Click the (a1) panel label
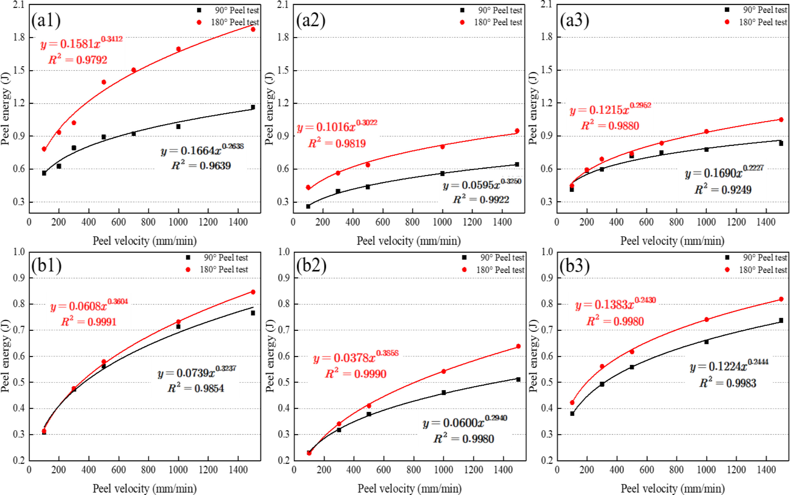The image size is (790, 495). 46,20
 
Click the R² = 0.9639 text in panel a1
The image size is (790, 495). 201,166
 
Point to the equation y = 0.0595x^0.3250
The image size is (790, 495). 482,185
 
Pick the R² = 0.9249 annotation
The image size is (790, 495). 723,190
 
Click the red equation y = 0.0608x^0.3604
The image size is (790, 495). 89,306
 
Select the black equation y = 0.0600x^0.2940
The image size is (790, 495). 465,422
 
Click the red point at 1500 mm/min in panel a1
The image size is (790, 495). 253,29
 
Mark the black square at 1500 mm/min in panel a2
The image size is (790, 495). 517,164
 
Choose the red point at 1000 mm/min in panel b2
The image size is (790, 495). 444,371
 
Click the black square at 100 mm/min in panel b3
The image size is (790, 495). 572,414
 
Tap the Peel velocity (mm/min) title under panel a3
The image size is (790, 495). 672,241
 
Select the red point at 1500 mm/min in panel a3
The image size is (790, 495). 781,120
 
